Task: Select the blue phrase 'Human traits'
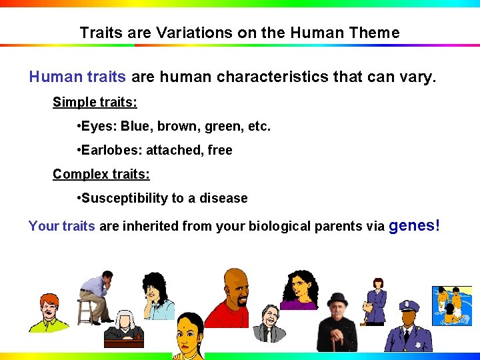coord(77,77)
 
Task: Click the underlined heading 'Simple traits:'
coord(95,103)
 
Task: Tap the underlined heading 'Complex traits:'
coord(101,175)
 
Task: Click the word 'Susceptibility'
coord(124,199)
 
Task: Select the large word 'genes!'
coord(414,225)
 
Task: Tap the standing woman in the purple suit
coord(377,300)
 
